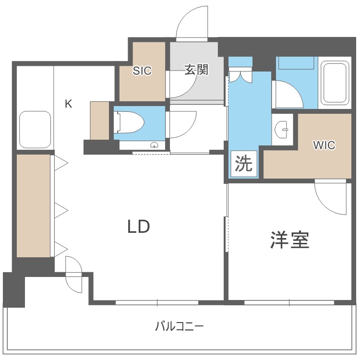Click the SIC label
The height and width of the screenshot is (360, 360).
142,71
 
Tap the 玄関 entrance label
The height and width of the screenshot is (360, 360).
197,70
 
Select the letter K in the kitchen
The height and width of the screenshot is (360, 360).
69,104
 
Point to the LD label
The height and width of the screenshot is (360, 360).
139,227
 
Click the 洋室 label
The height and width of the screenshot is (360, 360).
289,240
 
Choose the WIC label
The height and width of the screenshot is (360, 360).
324,145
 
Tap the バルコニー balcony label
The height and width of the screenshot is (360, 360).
180,327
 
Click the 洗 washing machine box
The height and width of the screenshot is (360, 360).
243,164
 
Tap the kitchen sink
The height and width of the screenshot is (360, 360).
35,130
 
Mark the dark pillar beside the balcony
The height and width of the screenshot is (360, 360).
14,289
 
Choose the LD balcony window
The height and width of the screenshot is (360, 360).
157,302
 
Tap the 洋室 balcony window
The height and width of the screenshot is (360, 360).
289,302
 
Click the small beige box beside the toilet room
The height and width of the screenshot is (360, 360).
99,120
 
